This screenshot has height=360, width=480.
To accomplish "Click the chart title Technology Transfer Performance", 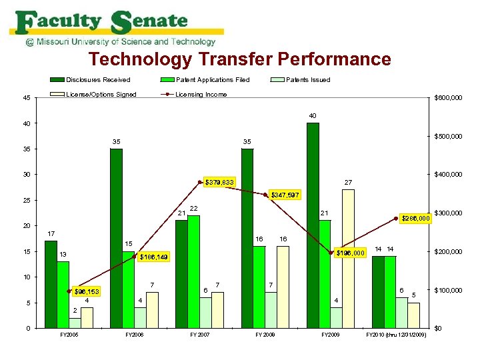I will point(240,59).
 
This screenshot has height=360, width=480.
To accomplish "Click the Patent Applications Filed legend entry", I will point(212,80).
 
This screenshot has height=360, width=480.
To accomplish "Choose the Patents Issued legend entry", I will point(307,80).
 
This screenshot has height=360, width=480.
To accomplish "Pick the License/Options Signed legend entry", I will point(101,94).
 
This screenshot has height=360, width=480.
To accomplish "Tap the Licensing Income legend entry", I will point(201,94).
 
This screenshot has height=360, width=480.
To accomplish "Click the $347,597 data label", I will point(285,195).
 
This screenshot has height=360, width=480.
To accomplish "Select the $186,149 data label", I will point(154,257).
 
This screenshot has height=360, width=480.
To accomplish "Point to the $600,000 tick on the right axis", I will point(448,98).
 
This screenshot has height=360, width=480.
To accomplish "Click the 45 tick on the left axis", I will point(25,98).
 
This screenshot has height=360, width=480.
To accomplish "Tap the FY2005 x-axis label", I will point(68,334).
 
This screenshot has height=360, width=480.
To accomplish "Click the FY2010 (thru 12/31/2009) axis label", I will point(397,334).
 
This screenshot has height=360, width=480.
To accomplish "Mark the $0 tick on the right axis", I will point(437,329).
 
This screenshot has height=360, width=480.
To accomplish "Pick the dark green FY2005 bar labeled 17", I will point(51,284).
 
